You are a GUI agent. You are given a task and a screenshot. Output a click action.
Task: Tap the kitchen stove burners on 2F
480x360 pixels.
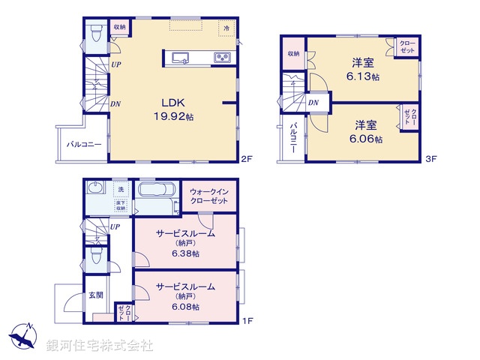tap(222, 57)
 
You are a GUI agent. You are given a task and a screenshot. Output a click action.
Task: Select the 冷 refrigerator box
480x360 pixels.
tap(226, 27)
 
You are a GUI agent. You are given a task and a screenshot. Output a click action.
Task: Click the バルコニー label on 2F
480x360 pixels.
tap(83, 143)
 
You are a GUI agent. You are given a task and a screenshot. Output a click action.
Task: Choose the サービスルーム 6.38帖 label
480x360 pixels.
tap(185, 243)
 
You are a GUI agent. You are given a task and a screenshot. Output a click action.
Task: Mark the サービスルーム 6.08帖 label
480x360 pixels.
tap(185, 296)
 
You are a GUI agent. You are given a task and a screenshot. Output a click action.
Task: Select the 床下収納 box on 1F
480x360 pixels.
tap(120, 205)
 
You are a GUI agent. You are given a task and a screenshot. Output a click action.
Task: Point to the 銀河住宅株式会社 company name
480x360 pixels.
tap(100, 346)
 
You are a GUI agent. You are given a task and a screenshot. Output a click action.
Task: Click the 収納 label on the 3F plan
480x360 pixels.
tap(292, 54)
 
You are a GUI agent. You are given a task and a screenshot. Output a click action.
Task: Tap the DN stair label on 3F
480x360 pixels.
tap(314, 102)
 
